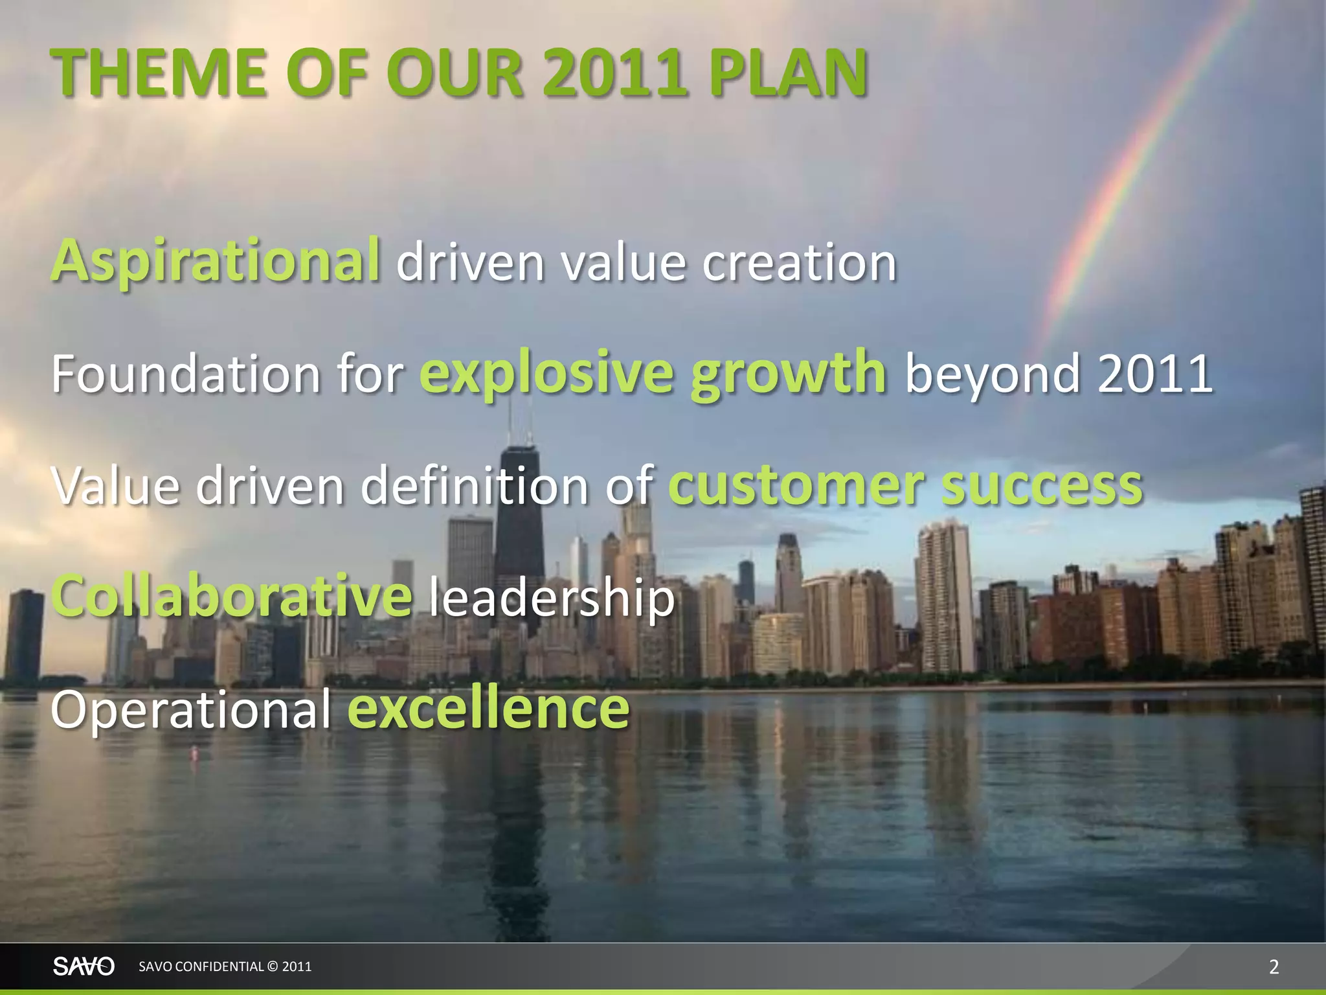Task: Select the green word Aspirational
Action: (x=216, y=261)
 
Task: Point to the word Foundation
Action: (x=185, y=374)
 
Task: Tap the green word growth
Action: (x=787, y=372)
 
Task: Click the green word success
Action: (x=1042, y=486)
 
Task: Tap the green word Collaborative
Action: (x=231, y=596)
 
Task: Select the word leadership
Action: (x=551, y=597)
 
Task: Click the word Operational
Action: (x=191, y=709)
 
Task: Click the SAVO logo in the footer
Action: (x=84, y=966)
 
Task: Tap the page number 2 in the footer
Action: (x=1274, y=967)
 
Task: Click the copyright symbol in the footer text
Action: (x=272, y=966)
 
